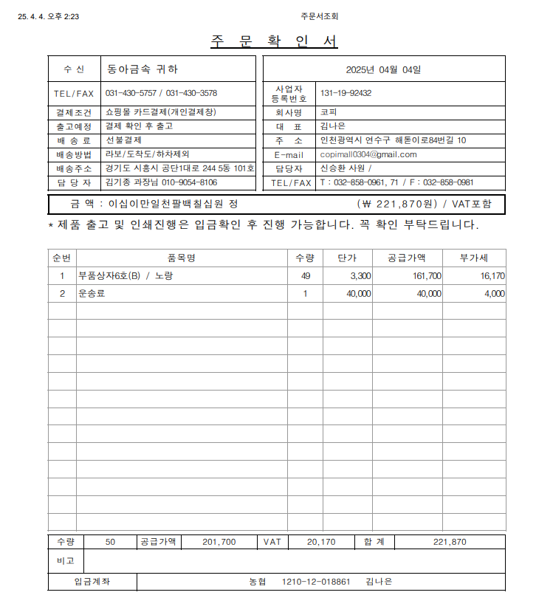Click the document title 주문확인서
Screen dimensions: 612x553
pos(275,41)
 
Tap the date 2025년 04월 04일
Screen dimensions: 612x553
pos(383,69)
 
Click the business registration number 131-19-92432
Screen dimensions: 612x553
pos(346,93)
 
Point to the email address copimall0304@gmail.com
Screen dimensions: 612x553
pos(368,154)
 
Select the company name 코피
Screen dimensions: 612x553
pos(328,113)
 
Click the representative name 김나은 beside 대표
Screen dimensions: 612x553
pos(332,126)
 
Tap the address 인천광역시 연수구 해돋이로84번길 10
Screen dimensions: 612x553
pos(392,140)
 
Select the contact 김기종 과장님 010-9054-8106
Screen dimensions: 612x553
pos(161,182)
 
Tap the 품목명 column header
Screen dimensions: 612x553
pos(181,258)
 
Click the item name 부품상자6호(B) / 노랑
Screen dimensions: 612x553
pos(126,276)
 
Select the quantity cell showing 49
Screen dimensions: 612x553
pos(305,276)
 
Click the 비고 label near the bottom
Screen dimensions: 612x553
pos(66,561)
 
